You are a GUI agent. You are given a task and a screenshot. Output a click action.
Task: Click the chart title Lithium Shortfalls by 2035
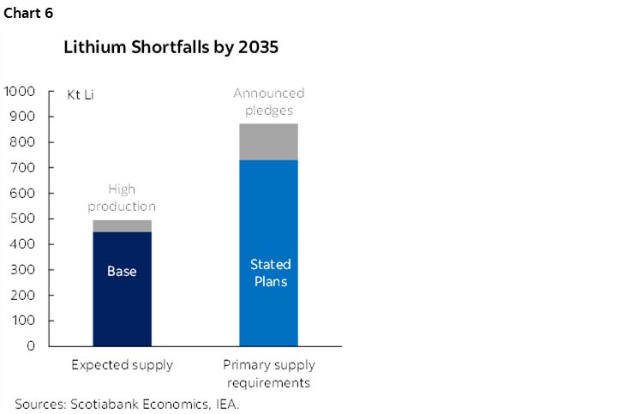171,48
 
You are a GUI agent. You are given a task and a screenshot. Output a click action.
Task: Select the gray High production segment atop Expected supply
122,226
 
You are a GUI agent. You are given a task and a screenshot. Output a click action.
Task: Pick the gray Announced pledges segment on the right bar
268,142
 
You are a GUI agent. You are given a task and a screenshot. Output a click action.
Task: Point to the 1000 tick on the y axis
20,91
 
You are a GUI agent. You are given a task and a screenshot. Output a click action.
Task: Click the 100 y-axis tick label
23,321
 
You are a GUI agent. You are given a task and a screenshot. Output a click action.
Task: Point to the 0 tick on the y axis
30,346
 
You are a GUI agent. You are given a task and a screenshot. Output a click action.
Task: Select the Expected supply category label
122,365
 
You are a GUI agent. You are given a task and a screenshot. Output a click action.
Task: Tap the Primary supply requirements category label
267,373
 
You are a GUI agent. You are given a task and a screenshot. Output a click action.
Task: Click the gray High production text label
122,198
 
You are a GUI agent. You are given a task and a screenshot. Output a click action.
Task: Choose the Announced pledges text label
268,101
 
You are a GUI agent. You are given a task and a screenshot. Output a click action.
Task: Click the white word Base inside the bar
122,272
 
